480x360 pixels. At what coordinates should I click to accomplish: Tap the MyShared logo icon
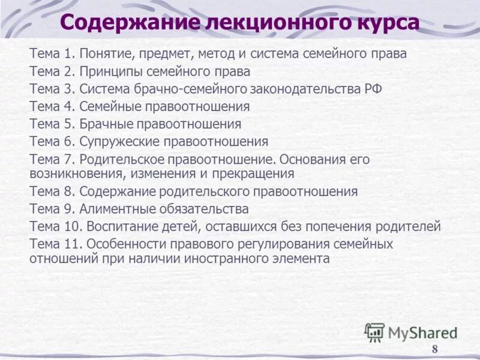[374, 332]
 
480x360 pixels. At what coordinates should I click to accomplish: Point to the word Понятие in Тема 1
[106, 53]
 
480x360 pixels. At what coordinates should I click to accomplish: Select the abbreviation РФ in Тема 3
[371, 89]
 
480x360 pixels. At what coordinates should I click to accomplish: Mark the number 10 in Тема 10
[72, 227]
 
